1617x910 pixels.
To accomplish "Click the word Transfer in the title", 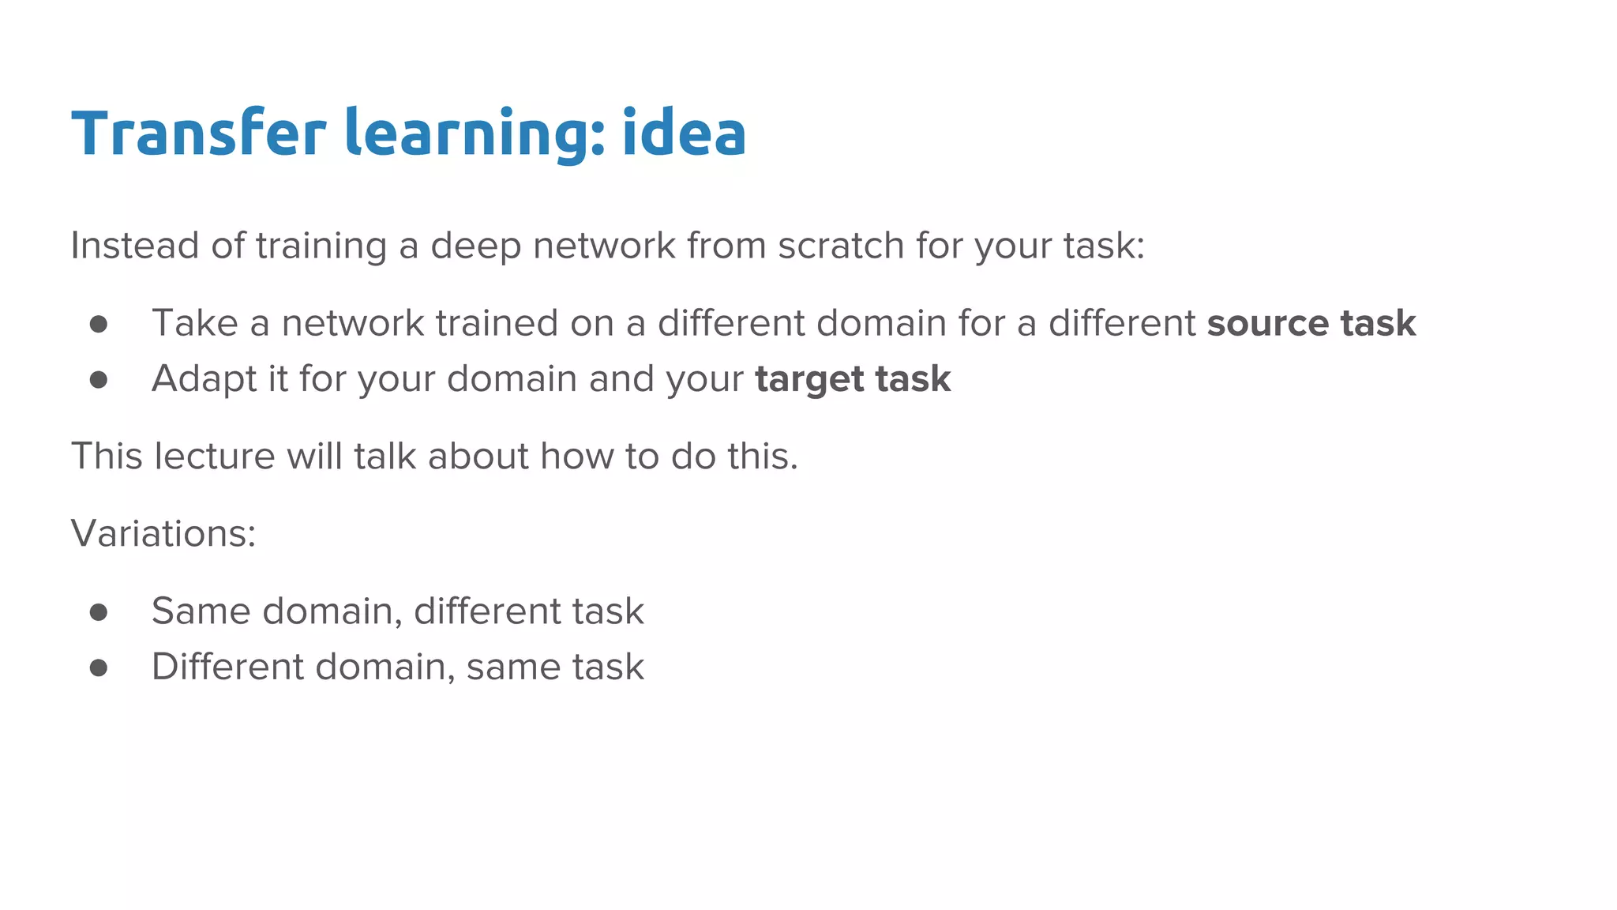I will tap(198, 133).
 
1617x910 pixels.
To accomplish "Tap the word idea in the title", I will tap(684, 133).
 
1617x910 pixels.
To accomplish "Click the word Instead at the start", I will tap(134, 246).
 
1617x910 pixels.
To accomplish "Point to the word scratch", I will tap(841, 246).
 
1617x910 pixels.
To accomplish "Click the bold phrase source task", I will tap(1311, 323).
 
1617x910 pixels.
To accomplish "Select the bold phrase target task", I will tap(853, 379).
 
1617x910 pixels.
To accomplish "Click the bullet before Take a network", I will tap(99, 324).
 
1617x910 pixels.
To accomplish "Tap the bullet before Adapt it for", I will tap(99, 380).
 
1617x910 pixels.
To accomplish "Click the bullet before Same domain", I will tap(99, 612).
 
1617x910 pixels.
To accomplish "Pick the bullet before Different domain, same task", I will tap(99, 668).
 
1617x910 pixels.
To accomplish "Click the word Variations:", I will tap(163, 533).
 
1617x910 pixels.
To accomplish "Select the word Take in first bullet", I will tap(194, 323).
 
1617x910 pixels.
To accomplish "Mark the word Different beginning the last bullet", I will tap(228, 667).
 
